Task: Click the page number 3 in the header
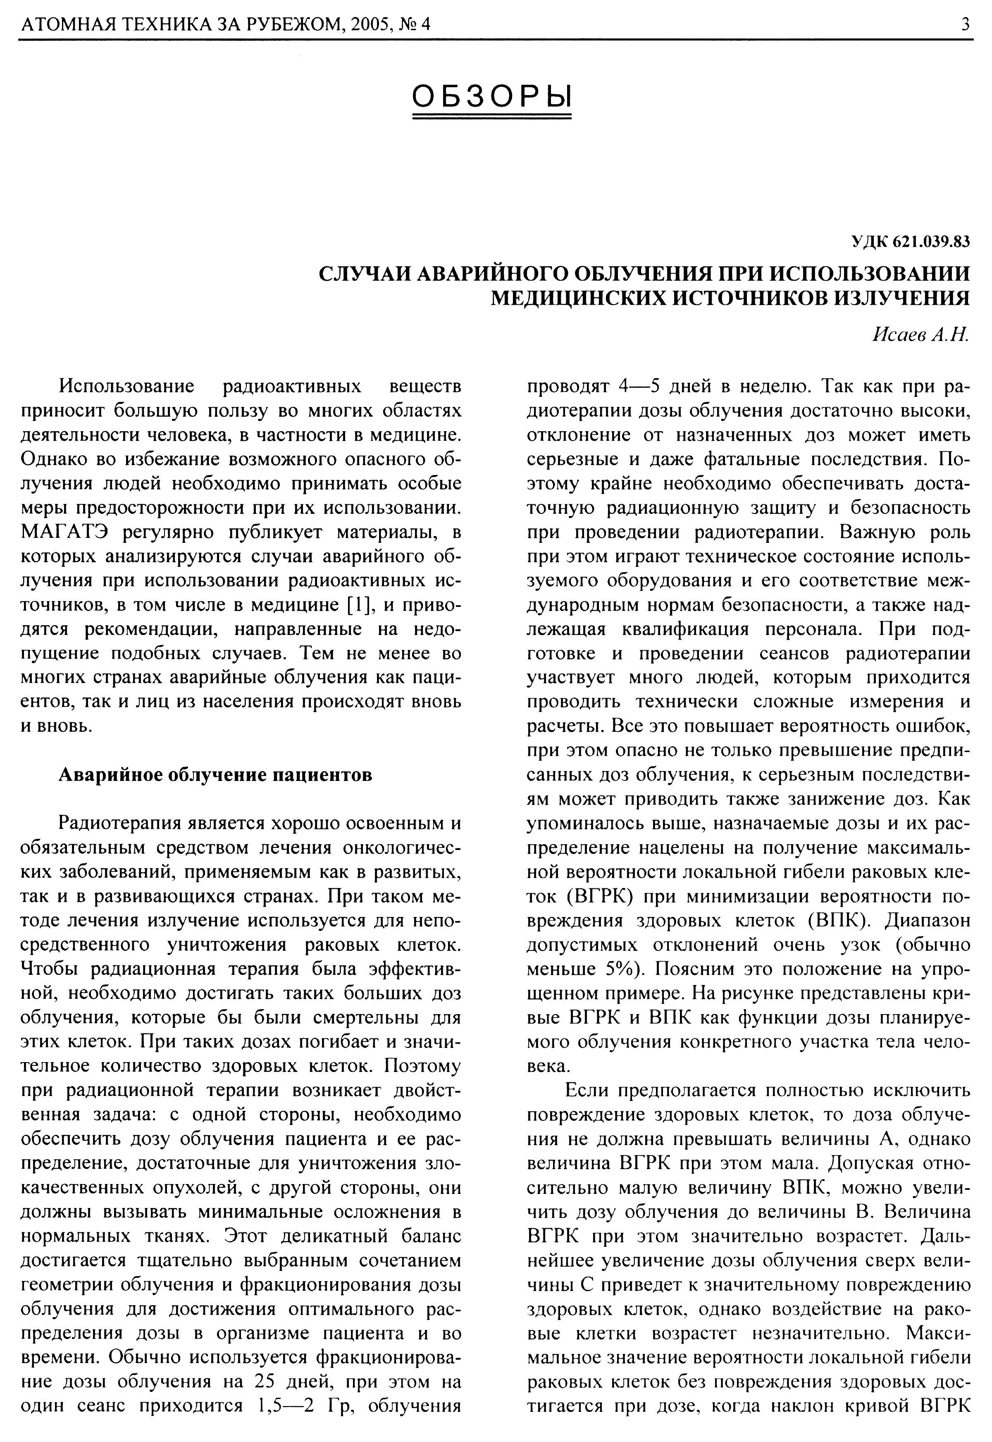click(965, 25)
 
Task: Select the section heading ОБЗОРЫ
click(492, 96)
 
